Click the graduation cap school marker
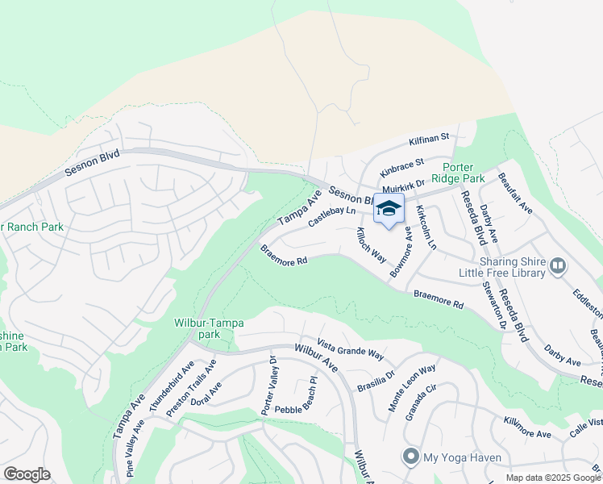click(389, 208)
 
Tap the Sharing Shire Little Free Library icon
click(557, 265)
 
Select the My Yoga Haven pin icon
click(411, 457)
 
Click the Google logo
click(27, 474)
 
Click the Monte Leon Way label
click(411, 387)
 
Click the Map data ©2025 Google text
click(553, 478)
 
